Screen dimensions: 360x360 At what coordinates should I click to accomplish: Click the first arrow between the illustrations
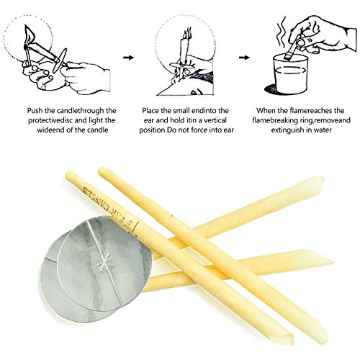[128, 58]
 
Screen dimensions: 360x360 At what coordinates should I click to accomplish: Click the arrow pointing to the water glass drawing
[244, 58]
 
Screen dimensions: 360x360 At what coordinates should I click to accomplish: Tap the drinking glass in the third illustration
[290, 73]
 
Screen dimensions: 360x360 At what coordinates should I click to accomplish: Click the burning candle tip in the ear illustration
[187, 33]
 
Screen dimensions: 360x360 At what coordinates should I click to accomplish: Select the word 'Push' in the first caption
[35, 111]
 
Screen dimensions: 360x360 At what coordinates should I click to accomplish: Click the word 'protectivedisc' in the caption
[50, 120]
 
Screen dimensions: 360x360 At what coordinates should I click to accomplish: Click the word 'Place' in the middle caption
[150, 111]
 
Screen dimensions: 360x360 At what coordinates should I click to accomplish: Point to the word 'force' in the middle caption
[197, 130]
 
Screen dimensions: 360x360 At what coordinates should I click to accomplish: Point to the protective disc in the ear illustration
[182, 66]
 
